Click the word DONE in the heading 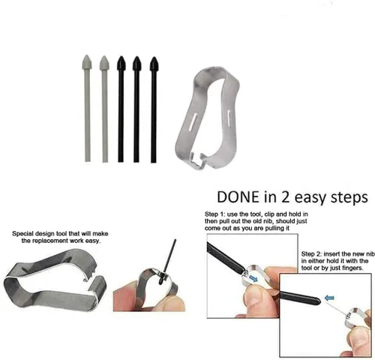point(238,196)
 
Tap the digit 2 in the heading point(286,196)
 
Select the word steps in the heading point(349,198)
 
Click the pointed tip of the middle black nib point(136,57)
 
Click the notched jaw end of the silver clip point(197,160)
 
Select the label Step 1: point(215,214)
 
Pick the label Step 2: point(311,254)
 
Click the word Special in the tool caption point(22,234)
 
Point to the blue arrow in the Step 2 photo point(329,298)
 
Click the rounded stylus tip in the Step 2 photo point(317,300)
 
